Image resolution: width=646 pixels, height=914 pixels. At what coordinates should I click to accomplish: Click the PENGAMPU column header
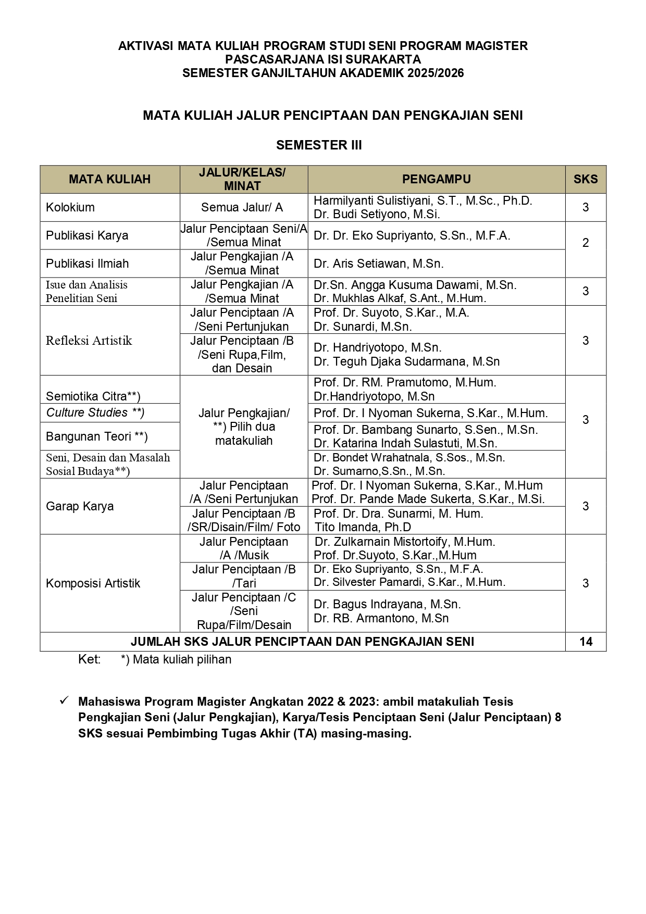[436, 179]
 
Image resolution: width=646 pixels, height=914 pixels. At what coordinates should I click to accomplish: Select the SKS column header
[586, 179]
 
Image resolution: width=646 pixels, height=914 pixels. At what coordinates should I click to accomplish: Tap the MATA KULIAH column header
[109, 179]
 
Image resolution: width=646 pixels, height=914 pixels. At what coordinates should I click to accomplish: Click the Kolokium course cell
[70, 207]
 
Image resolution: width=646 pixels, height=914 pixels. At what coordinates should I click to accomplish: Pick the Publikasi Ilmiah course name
[87, 264]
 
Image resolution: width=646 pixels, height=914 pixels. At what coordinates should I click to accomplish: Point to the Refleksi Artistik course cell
[89, 341]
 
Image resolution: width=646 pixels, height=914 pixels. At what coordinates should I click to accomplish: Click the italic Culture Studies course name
[95, 412]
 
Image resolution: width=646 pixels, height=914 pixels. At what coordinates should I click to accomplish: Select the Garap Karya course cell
[80, 506]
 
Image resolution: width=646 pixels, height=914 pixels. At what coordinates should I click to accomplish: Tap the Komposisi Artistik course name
[93, 583]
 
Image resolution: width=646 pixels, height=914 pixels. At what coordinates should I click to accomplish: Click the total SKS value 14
[586, 642]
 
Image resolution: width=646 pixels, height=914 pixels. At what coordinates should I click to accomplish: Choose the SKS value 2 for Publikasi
[586, 243]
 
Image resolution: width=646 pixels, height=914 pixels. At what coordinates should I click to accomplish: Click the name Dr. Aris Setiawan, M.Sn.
[378, 264]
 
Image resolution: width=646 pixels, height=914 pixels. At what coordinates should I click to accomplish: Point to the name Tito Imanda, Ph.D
[363, 527]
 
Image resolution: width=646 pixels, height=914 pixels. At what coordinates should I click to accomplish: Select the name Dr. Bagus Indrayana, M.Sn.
[387, 604]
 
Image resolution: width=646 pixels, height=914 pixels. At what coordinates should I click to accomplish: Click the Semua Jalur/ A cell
[242, 207]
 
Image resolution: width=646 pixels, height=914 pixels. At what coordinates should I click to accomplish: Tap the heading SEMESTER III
[319, 145]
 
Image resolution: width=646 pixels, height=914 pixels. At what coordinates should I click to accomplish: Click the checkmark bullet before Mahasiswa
[64, 701]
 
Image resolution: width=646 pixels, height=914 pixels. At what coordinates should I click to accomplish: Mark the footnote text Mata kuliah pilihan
[182, 659]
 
